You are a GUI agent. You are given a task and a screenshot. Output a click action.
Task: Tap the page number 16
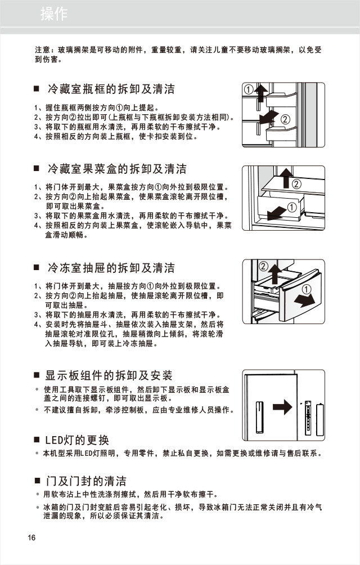tap(31, 537)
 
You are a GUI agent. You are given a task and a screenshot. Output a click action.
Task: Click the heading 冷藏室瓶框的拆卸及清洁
tap(111, 89)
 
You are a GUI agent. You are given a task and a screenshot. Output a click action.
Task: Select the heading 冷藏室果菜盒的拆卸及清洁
tap(117, 169)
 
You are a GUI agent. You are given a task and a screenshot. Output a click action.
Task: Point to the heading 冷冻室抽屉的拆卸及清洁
tap(111, 268)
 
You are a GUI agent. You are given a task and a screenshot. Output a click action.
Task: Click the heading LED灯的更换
tap(77, 440)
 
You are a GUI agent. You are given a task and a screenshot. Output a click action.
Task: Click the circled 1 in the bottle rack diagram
tap(248, 90)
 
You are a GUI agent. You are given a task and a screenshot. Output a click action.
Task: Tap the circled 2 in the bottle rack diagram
tap(285, 119)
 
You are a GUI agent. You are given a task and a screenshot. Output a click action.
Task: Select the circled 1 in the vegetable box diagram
tap(292, 208)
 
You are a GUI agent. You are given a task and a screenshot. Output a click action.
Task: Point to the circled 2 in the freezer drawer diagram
tap(263, 265)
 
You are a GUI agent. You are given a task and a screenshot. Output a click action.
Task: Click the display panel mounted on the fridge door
tap(259, 417)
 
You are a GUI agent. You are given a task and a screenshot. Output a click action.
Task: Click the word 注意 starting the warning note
tap(43, 50)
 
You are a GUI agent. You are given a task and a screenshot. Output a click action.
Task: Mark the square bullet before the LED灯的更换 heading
tap(37, 440)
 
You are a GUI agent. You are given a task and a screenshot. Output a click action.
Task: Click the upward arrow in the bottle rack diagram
tap(259, 93)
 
